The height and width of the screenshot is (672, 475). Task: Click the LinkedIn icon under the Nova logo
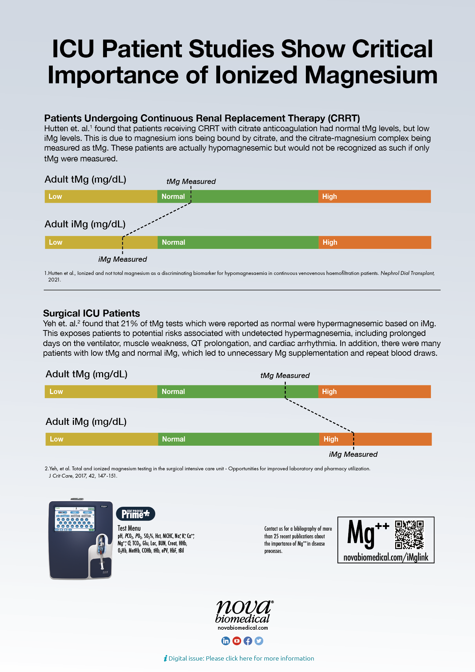point(226,641)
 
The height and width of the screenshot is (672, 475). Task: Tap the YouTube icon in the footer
point(237,641)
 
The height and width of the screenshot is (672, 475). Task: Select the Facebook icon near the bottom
point(248,641)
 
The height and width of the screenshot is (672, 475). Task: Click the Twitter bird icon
point(259,641)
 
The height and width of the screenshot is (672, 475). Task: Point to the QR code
point(409,535)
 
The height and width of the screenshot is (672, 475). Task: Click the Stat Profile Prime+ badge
point(136,514)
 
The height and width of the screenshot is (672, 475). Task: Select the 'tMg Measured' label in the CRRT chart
point(191,182)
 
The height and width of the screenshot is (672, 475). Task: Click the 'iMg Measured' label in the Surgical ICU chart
point(353,454)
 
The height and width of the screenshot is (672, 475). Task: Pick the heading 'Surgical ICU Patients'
point(91,313)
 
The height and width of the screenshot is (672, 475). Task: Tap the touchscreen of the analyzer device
point(75,519)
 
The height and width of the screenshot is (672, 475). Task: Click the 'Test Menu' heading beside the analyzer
point(129,528)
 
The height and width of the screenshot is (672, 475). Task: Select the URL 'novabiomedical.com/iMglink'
point(386,557)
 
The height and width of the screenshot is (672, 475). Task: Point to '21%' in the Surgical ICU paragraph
point(130,324)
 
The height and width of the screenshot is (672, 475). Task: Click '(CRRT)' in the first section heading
point(344,118)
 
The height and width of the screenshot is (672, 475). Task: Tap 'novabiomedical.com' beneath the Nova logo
point(243,628)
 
